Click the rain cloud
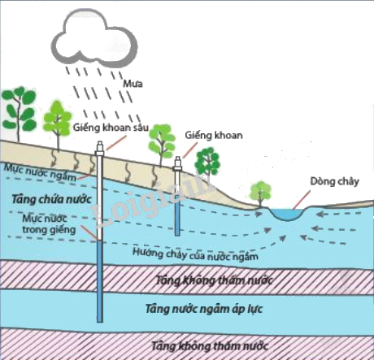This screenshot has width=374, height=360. coord(94,38)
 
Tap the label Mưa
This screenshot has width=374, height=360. coord(133,84)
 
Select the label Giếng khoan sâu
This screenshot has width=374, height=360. coord(111,128)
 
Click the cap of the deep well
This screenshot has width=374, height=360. coord(100,149)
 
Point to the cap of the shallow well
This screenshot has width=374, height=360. coord(177,163)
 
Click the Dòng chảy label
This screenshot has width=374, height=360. coord(334,181)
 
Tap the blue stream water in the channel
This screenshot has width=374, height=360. coord(288,214)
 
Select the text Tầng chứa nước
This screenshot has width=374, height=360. coord(51,200)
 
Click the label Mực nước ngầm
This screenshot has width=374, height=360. coord(40,173)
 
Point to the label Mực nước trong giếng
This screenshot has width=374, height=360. coord(49,224)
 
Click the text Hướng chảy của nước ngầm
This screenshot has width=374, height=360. coord(195,254)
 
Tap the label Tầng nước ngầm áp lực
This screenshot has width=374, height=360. coord(204,309)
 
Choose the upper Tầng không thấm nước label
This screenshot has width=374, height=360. coord(214,280)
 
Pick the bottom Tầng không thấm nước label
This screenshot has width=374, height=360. coord(209,346)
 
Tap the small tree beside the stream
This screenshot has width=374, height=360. coord(260,193)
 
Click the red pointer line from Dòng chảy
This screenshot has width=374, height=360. coord(302,200)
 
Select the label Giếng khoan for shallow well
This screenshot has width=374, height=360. coord(214,135)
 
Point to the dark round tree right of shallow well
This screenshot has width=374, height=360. coord(207,162)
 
